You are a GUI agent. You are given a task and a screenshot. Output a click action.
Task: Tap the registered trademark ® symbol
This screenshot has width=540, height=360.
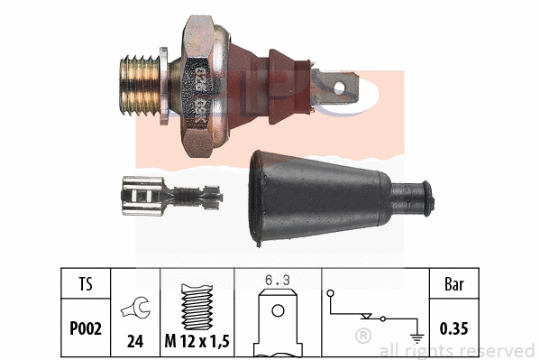tap(362, 337)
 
